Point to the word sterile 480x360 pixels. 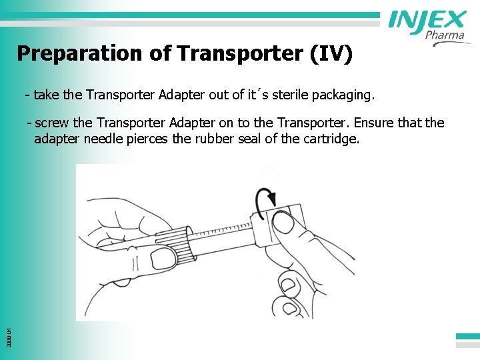point(280,95)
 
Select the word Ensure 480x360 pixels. point(379,123)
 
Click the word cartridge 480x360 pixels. point(330,139)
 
